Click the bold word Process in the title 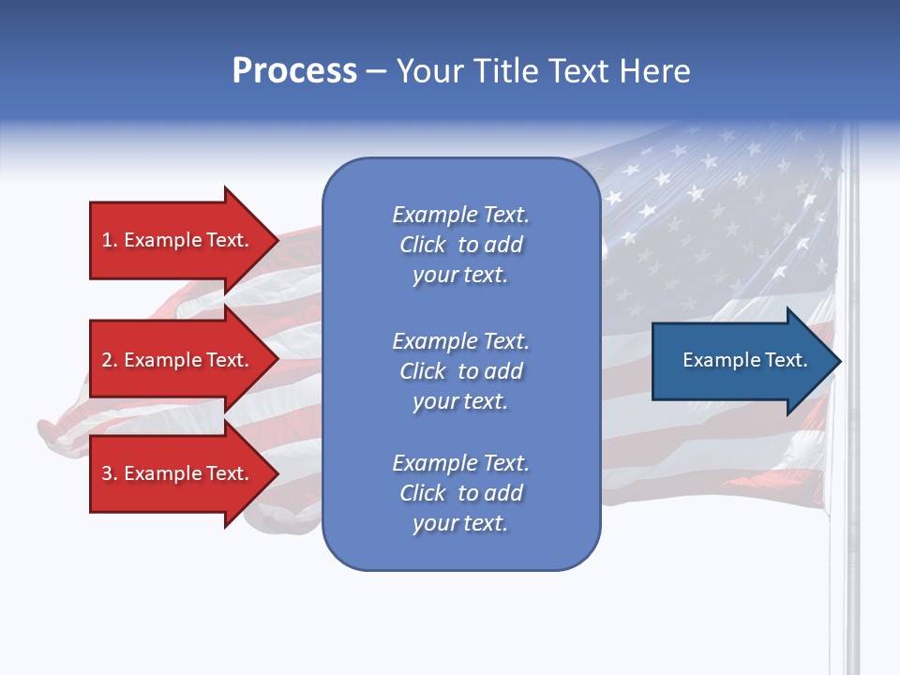click(294, 71)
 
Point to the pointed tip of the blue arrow click(837, 361)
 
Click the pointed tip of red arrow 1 click(275, 240)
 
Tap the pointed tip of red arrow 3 click(275, 473)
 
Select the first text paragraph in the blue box click(460, 245)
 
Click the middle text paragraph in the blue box click(460, 371)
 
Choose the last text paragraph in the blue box click(460, 493)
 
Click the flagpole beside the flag click(852, 562)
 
